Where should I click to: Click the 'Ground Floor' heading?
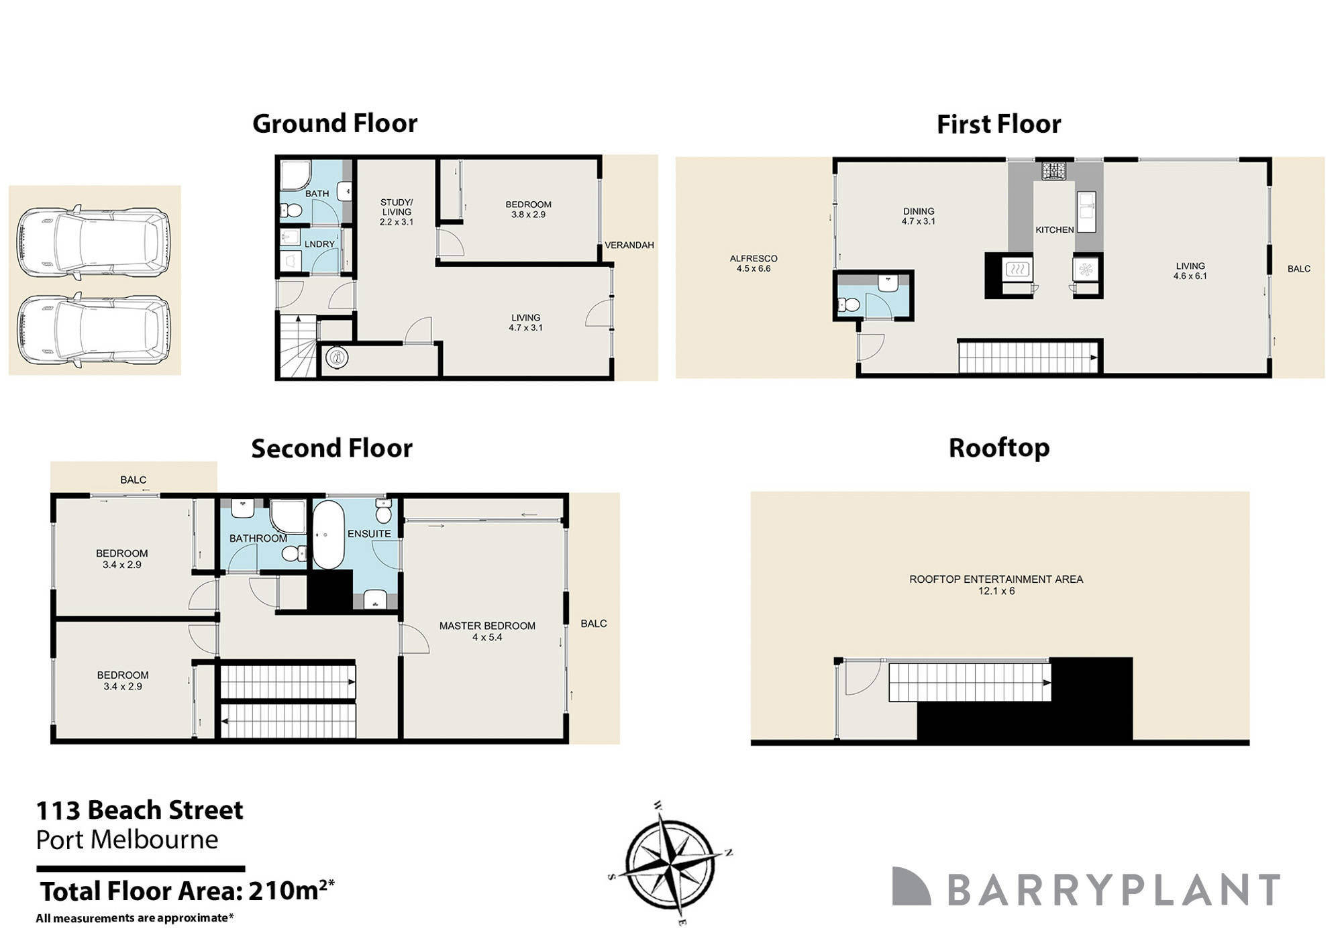(334, 123)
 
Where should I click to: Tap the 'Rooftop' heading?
(998, 447)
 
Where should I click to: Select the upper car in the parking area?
(93, 242)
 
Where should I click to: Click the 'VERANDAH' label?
(629, 245)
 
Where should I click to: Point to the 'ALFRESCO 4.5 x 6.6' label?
(754, 263)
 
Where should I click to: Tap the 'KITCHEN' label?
(1054, 230)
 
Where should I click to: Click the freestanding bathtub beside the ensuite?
(328, 535)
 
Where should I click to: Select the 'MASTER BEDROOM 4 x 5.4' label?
(487, 631)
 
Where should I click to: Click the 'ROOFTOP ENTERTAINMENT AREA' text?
(996, 579)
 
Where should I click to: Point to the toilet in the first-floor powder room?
(849, 305)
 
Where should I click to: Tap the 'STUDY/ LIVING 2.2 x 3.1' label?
(397, 212)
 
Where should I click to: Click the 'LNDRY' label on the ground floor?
(319, 244)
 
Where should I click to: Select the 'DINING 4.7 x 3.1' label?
(918, 216)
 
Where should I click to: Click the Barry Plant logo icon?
(911, 886)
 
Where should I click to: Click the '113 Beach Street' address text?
(140, 810)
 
